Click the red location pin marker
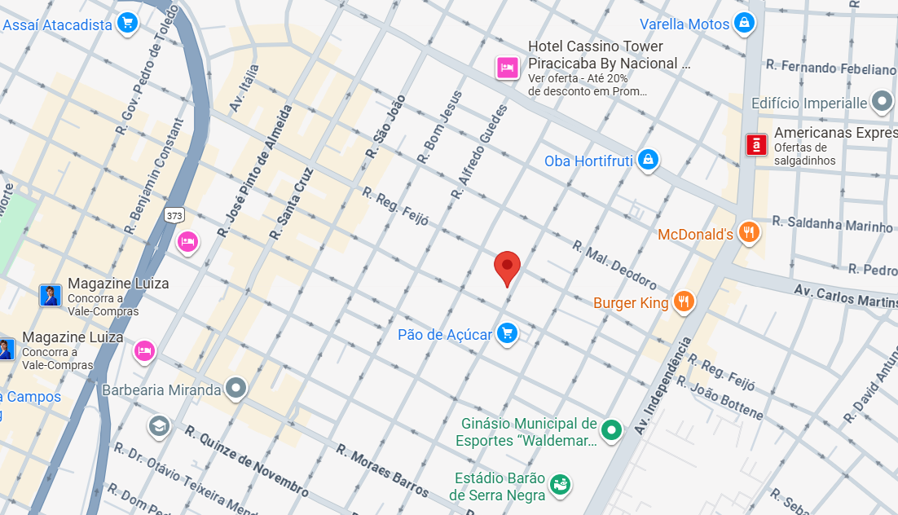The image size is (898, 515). click(507, 266)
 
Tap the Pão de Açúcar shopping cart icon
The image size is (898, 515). click(508, 333)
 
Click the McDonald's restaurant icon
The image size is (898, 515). click(749, 234)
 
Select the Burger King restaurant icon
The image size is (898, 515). click(684, 302)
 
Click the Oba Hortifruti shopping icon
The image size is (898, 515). click(648, 160)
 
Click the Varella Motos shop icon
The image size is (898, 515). click(744, 24)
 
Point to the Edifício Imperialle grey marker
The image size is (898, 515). click(882, 103)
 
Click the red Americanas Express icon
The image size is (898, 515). click(757, 145)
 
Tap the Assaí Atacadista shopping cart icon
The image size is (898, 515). click(126, 24)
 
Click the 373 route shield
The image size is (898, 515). click(174, 215)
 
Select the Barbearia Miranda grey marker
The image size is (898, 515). click(236, 389)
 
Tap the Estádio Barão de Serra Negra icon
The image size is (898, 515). click(560, 484)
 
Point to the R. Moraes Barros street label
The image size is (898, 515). click(382, 471)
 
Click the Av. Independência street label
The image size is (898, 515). click(661, 385)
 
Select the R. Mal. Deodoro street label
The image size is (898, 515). click(614, 264)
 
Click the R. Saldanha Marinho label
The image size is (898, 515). click(832, 223)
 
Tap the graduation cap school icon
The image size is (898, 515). click(159, 425)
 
